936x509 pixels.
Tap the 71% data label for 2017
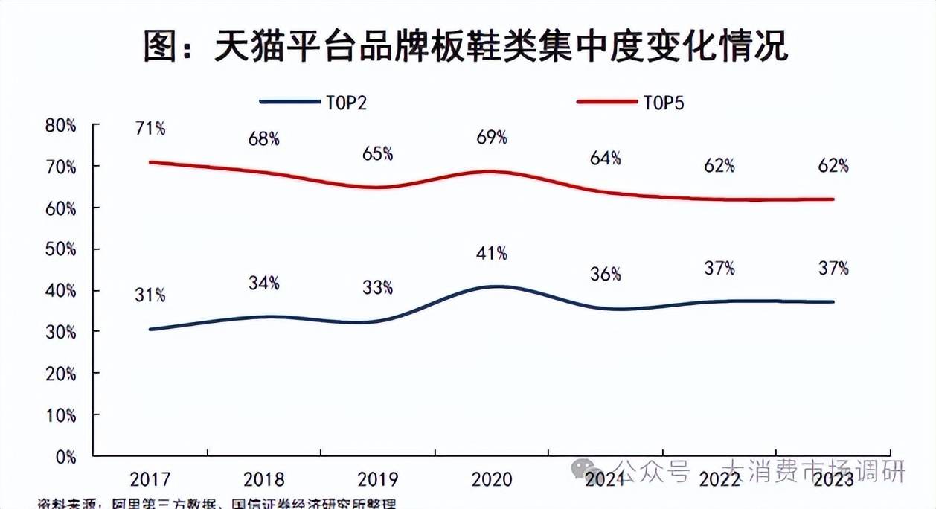point(150,128)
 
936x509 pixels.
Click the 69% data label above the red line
point(492,137)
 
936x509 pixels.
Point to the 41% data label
point(492,254)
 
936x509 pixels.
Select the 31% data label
point(150,295)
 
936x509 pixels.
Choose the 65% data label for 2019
point(378,154)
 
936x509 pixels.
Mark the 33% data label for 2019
point(378,287)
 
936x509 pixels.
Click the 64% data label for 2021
point(606,159)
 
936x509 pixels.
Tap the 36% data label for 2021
point(606,274)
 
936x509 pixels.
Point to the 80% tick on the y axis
point(61,126)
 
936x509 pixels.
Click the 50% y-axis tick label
point(61,249)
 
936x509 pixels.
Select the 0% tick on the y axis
point(65,456)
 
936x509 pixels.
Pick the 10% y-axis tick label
point(61,414)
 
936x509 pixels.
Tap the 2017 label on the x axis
point(150,478)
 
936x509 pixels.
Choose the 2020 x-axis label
point(492,478)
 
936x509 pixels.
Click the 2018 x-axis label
point(264,478)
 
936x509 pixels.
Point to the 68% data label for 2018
point(264,138)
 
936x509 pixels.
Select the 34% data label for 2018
point(264,283)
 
